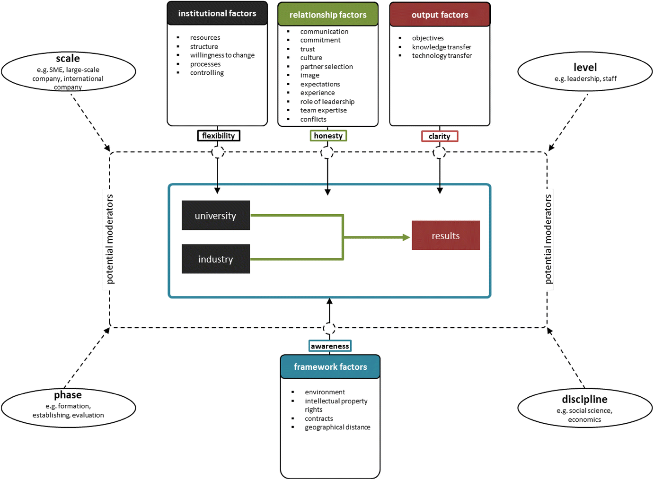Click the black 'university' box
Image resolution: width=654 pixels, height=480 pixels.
[216, 216]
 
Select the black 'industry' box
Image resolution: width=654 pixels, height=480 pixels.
[216, 259]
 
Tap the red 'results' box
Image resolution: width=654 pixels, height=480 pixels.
[445, 236]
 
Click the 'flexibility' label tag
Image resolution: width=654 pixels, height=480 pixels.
[219, 136]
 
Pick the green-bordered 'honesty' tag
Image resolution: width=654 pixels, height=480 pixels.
[328, 136]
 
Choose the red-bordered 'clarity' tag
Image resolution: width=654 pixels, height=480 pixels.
[440, 136]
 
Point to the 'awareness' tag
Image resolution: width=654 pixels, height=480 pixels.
[330, 346]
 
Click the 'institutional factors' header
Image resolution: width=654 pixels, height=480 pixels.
[217, 14]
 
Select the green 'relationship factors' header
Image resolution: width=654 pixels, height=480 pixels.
[328, 15]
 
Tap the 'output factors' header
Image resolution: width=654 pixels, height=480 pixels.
[440, 15]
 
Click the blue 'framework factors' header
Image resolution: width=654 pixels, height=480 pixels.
[330, 367]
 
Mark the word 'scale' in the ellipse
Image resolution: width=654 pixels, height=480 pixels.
[68, 59]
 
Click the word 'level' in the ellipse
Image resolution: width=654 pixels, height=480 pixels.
[585, 67]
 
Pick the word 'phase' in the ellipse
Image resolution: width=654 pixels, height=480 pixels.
[68, 395]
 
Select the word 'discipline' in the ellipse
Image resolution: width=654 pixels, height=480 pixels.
[584, 399]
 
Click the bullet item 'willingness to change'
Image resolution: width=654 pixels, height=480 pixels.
[222, 55]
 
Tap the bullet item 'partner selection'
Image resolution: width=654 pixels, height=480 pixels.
[327, 67]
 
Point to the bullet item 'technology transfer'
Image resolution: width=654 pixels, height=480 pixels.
[442, 56]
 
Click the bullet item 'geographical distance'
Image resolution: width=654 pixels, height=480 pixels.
[337, 427]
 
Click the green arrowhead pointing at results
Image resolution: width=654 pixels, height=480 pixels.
[406, 237]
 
